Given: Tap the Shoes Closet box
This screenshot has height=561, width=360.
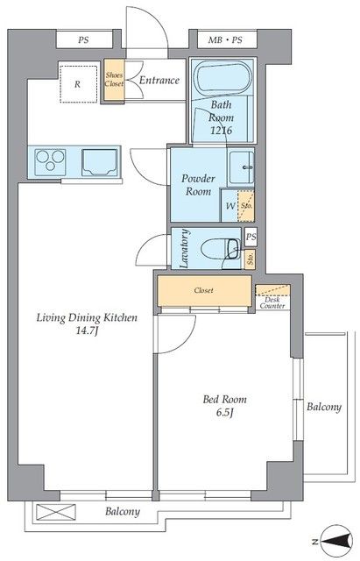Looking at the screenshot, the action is click(114, 80).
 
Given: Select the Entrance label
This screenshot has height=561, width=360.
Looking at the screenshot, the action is click(159, 80).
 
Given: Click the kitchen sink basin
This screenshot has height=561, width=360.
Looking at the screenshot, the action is click(99, 163).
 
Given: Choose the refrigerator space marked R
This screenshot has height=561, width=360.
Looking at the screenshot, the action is click(78, 84).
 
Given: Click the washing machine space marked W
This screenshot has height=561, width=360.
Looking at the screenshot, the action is click(229, 205).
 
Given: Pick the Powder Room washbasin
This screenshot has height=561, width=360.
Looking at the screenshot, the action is click(241, 167).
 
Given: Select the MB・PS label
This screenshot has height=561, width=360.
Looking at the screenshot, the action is click(225, 40).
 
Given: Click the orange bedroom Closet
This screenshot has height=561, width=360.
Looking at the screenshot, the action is click(204, 291).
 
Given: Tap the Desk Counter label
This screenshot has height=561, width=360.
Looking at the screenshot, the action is click(272, 302).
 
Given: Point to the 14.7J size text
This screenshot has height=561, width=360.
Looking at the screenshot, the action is click(87, 331).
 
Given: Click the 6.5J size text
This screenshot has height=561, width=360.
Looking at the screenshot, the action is click(224, 413).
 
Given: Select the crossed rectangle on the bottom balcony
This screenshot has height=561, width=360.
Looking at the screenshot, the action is click(56, 512).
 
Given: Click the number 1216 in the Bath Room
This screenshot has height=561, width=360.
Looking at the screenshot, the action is click(222, 131).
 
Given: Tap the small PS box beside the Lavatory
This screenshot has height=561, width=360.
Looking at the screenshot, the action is click(251, 237).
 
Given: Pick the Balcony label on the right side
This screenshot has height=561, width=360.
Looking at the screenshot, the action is click(324, 407).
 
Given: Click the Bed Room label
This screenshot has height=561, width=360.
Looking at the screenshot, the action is click(224, 400).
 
